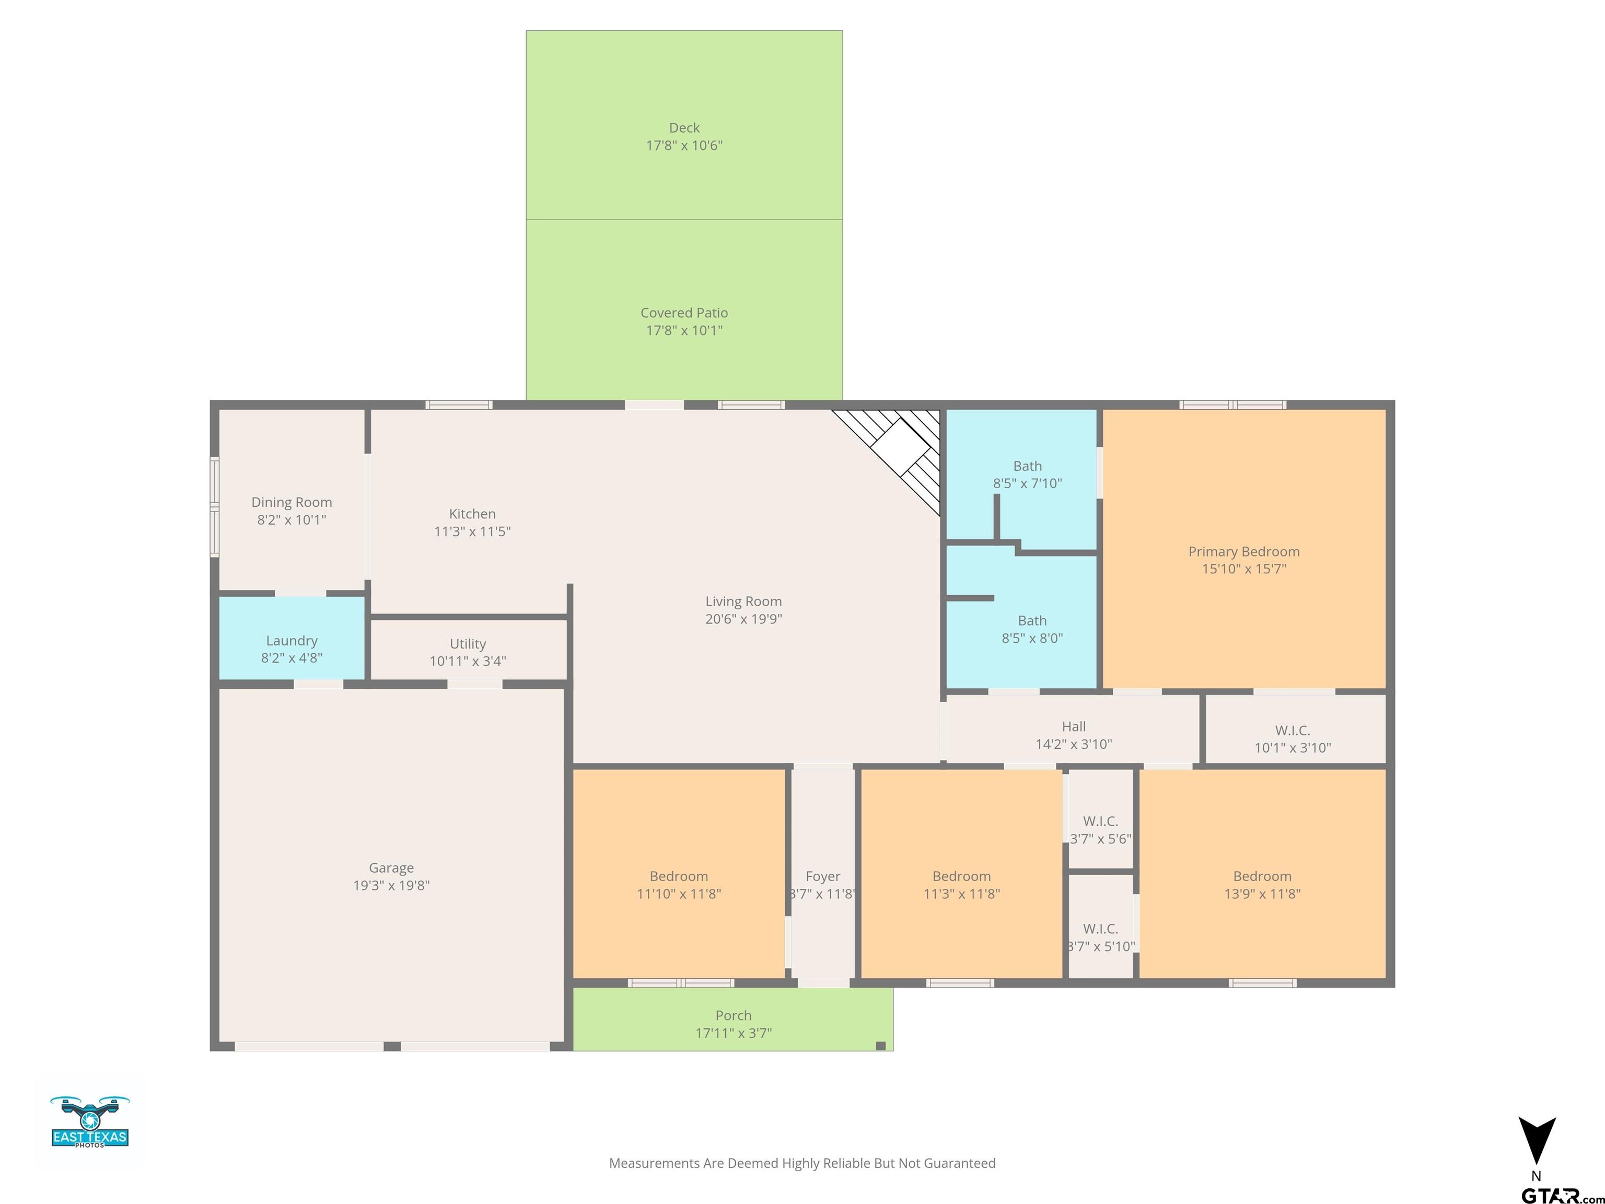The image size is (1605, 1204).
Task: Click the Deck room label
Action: tap(684, 128)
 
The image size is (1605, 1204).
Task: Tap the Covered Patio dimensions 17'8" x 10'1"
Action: tap(684, 330)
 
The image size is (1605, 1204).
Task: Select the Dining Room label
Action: tap(292, 502)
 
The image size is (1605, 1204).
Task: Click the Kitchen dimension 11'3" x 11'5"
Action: tap(472, 531)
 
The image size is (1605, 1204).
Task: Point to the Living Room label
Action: tap(744, 601)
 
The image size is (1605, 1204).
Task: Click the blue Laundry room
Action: tap(292, 638)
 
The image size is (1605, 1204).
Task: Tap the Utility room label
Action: tap(468, 644)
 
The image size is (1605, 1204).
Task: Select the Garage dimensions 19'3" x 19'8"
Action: tap(391, 885)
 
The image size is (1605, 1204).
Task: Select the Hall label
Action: tap(1074, 726)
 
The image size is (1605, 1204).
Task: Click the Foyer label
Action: tap(823, 877)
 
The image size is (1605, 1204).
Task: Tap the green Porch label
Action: tap(734, 1016)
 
